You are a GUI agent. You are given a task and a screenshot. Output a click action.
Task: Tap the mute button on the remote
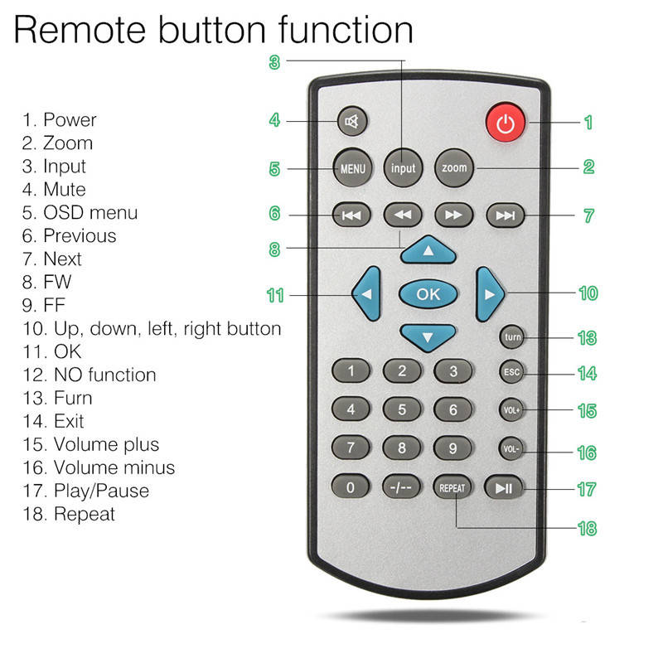(x=352, y=121)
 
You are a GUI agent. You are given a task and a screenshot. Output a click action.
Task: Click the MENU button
(x=352, y=168)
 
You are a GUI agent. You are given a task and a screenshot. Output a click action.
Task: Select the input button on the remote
(x=403, y=168)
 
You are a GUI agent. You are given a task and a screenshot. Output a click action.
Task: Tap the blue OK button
(x=428, y=294)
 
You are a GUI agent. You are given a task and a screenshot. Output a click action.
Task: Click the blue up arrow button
(x=428, y=250)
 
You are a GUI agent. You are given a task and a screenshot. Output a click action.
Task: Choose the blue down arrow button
(x=428, y=337)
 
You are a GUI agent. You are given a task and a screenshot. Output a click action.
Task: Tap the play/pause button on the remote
(x=504, y=488)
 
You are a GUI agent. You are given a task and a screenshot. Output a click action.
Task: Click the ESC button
(x=511, y=372)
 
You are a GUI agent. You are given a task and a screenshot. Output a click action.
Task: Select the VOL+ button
(x=511, y=410)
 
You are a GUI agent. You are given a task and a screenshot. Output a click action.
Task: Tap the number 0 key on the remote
(x=351, y=487)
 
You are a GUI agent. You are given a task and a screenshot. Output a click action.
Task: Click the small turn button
(x=512, y=337)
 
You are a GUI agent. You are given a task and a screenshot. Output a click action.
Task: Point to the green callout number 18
(x=587, y=529)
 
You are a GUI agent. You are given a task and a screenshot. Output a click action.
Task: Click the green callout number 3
(x=274, y=63)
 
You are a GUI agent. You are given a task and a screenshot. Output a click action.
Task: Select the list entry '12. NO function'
(x=90, y=375)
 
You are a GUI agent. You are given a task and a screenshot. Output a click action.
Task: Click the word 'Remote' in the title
(x=80, y=31)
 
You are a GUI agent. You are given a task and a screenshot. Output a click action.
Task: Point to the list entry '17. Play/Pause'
(x=86, y=491)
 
